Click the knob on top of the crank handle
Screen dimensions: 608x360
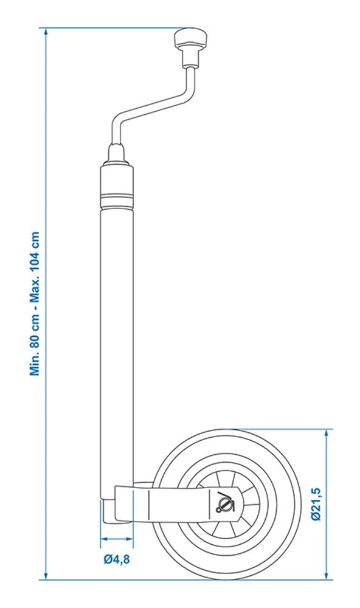click(x=191, y=41)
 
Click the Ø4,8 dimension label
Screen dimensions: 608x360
click(x=116, y=558)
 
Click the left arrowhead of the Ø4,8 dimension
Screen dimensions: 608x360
click(x=103, y=539)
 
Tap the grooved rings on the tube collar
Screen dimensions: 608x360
click(x=116, y=198)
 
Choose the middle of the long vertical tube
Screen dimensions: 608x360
click(x=116, y=334)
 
